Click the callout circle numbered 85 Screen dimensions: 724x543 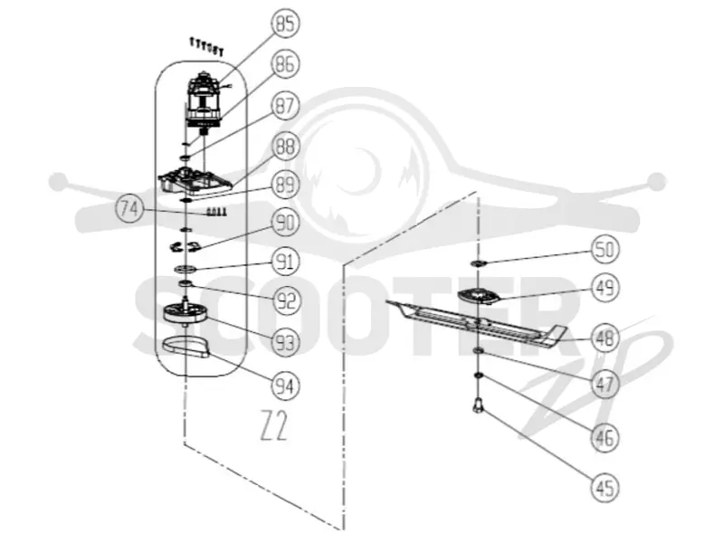[x=285, y=24]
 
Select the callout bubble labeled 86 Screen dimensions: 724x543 [x=285, y=63]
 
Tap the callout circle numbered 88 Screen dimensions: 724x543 [x=285, y=147]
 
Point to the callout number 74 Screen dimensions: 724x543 [x=129, y=209]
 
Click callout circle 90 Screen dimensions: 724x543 [x=285, y=223]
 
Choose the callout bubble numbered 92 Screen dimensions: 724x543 [x=285, y=301]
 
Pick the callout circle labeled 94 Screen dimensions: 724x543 [x=285, y=386]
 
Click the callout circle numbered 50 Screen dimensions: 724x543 [x=605, y=250]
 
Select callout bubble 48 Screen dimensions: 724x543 [x=605, y=337]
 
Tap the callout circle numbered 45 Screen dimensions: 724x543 [x=605, y=488]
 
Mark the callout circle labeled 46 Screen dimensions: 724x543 [x=605, y=437]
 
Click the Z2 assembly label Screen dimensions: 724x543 [x=274, y=425]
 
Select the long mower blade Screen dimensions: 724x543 [x=476, y=321]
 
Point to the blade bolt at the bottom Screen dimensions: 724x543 [x=478, y=405]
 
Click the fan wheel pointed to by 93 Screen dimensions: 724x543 [x=185, y=314]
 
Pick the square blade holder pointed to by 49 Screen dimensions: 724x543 [x=479, y=296]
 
